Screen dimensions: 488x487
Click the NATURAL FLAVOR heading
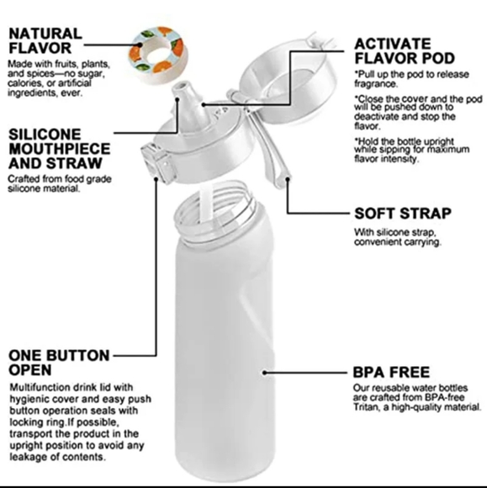pos(45,41)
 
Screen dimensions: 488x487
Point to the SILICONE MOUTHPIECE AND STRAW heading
pos(58,149)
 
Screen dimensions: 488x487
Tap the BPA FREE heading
pos(391,371)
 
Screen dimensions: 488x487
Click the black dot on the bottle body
pos(264,370)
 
